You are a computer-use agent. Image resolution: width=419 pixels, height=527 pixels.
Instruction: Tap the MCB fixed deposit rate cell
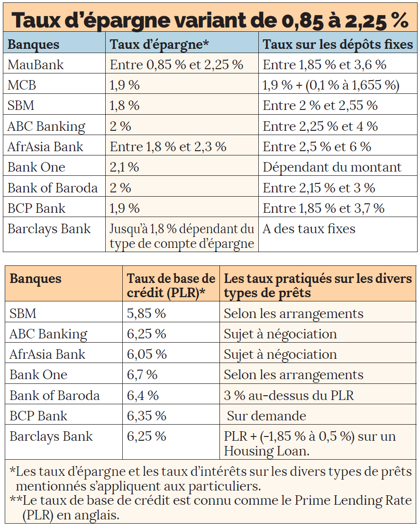pos(331,85)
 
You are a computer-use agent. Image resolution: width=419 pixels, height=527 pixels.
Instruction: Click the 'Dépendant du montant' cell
pos(332,167)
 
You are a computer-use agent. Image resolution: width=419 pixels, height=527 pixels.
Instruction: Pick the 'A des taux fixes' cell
pos(309,229)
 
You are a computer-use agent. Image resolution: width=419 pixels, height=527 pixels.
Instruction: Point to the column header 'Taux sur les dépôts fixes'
pos(337,45)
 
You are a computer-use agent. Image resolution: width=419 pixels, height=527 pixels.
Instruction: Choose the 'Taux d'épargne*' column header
pos(159,45)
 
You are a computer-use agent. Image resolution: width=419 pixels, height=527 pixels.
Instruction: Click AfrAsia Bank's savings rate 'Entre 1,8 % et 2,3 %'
pos(168,147)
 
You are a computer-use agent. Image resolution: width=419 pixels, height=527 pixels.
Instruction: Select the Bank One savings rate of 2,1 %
pos(125,167)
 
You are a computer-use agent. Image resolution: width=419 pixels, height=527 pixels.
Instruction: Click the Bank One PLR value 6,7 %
pos(142,375)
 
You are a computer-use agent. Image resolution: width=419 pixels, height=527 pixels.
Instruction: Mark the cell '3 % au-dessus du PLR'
pos(289,395)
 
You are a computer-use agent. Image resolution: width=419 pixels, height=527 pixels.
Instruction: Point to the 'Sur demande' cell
pos(266,416)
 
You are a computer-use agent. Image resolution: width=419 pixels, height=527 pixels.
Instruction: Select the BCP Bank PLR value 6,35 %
pos(146,416)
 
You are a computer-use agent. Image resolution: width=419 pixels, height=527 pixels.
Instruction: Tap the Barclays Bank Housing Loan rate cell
pos(310,444)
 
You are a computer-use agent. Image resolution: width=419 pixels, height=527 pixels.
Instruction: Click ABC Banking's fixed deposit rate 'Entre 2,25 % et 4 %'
pos(320,127)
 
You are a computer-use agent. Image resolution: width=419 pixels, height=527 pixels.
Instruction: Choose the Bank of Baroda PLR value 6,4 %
pos(143,395)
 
